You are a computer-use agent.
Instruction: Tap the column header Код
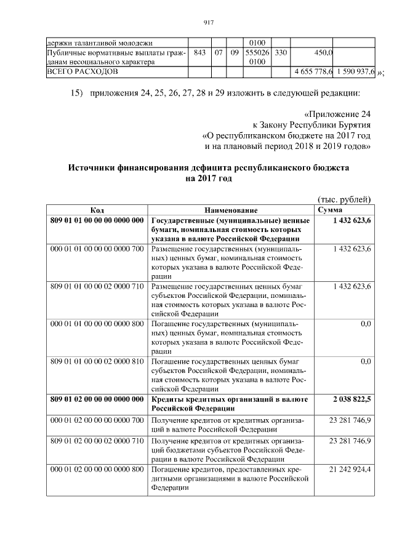click(x=97, y=210)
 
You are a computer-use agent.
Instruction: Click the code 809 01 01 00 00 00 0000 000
click(x=97, y=220)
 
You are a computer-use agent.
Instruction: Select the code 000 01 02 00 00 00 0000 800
click(x=97, y=470)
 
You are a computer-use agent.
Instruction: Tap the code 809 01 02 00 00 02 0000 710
click(x=97, y=441)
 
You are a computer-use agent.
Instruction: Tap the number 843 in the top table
click(x=199, y=53)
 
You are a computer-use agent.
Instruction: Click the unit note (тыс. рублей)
click(x=344, y=199)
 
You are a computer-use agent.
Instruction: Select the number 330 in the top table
click(x=281, y=53)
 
